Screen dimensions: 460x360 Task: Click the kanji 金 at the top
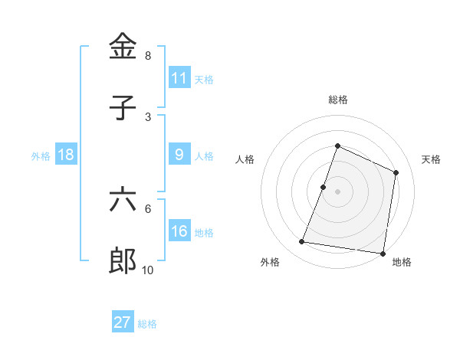(x=123, y=47)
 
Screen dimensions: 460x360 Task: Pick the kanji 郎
(x=123, y=260)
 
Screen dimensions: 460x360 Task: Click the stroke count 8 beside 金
(x=148, y=56)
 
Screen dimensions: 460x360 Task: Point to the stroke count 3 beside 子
(x=148, y=116)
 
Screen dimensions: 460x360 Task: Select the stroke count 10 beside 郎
(x=148, y=270)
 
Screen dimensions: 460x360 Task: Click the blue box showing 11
(x=179, y=78)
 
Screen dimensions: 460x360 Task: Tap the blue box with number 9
(x=179, y=155)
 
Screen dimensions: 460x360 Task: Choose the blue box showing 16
(x=179, y=231)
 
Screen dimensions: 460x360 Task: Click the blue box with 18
(x=66, y=155)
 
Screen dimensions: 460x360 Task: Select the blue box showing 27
(x=123, y=322)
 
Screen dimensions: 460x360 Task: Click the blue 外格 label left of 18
(x=41, y=155)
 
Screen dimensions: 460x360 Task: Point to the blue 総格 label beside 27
(x=147, y=323)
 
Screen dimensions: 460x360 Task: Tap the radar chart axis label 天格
(x=431, y=159)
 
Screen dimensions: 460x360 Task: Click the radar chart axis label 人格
(x=245, y=159)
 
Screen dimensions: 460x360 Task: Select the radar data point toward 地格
(x=382, y=253)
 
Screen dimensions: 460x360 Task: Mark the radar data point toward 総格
(x=337, y=146)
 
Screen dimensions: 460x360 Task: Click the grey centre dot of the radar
(x=337, y=191)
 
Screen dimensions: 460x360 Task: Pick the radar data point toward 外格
(x=302, y=242)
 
